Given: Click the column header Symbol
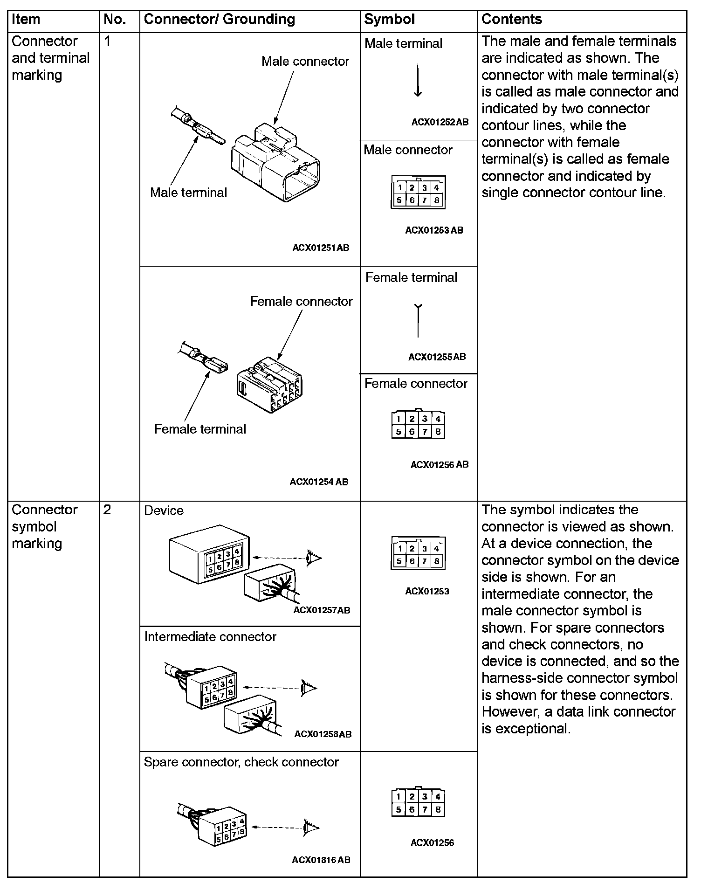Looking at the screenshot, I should coord(389,20).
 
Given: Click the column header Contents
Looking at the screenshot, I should coord(511,20).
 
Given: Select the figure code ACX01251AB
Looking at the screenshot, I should coord(321,248).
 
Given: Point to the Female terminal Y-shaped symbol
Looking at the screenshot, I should coord(418,320).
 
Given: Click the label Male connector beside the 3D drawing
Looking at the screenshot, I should coord(305,62).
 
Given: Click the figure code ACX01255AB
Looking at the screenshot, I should coord(437,357).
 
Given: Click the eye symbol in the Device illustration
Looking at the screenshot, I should coord(314,557).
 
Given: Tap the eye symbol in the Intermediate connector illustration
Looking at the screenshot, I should coord(309,687).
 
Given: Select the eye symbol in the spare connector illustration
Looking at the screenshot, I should coord(310,828).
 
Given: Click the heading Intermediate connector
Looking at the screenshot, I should coord(210,637).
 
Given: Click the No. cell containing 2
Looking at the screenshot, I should coord(108,510).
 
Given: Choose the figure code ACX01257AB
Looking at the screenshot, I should coord(322,610).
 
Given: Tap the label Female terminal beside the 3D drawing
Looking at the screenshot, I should coord(200,429).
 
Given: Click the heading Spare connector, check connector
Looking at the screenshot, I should coord(241,762).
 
